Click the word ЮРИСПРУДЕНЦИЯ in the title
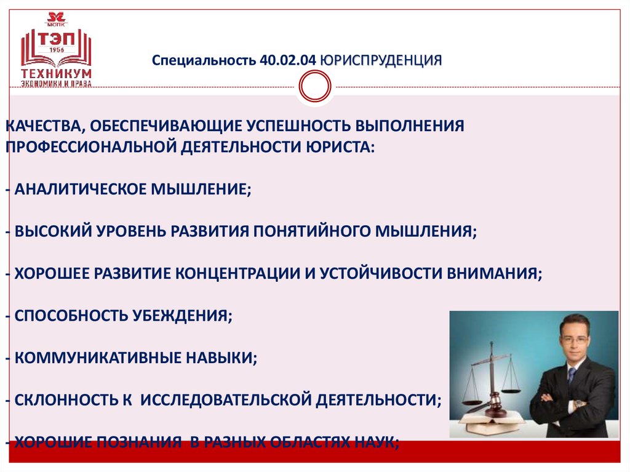coord(381,61)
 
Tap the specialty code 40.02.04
coord(289,61)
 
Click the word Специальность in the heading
coord(204,61)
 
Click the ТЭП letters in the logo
coord(56,38)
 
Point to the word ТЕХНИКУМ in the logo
coord(57,73)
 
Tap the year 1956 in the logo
coord(57,50)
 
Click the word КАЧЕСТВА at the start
coord(42,126)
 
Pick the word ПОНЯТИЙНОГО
coord(314,231)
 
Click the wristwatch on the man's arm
coord(578,404)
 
